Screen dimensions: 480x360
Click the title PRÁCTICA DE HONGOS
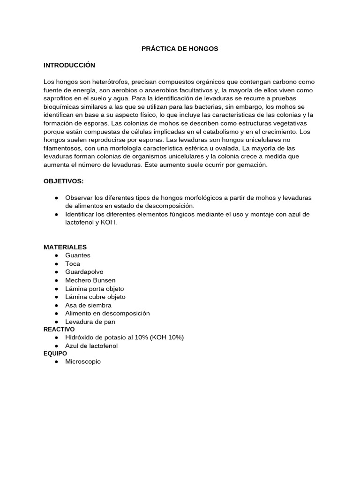[x=180, y=48]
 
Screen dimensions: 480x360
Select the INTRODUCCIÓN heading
[x=69, y=65]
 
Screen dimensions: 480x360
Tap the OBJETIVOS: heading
[x=64, y=181]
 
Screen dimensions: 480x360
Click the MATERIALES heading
[x=65, y=247]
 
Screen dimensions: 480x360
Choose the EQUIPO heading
[x=55, y=354]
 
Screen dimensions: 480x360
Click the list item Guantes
[x=78, y=255]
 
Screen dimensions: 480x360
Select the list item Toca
[x=73, y=263]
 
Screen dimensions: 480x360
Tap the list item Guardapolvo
[x=84, y=272]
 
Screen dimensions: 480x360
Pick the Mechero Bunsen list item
[x=90, y=280]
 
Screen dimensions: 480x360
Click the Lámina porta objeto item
[x=95, y=289]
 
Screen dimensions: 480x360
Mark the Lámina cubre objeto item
[x=95, y=297]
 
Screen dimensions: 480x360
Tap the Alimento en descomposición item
[x=107, y=313]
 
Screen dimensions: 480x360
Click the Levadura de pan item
[x=90, y=322]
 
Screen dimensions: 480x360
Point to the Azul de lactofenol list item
[x=91, y=346]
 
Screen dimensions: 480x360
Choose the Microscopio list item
[x=83, y=362]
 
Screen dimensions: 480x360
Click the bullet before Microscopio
[x=56, y=362]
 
